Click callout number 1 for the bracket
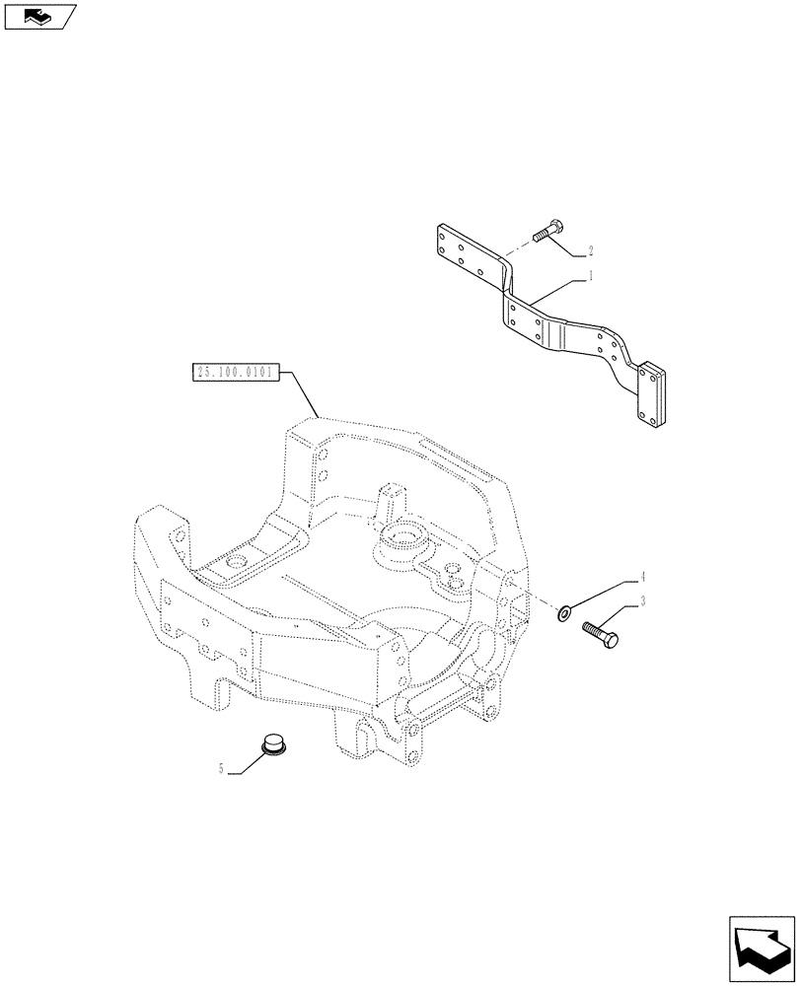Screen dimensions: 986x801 click(591, 277)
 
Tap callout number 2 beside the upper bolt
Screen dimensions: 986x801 click(590, 250)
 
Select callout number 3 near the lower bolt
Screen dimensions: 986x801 click(642, 601)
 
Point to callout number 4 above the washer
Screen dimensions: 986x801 click(642, 576)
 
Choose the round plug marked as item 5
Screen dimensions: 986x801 click(273, 746)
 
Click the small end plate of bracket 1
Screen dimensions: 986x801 click(652, 395)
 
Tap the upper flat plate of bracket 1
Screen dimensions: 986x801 click(469, 253)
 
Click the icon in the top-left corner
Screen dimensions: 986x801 click(38, 16)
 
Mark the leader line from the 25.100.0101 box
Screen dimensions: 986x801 click(302, 395)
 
